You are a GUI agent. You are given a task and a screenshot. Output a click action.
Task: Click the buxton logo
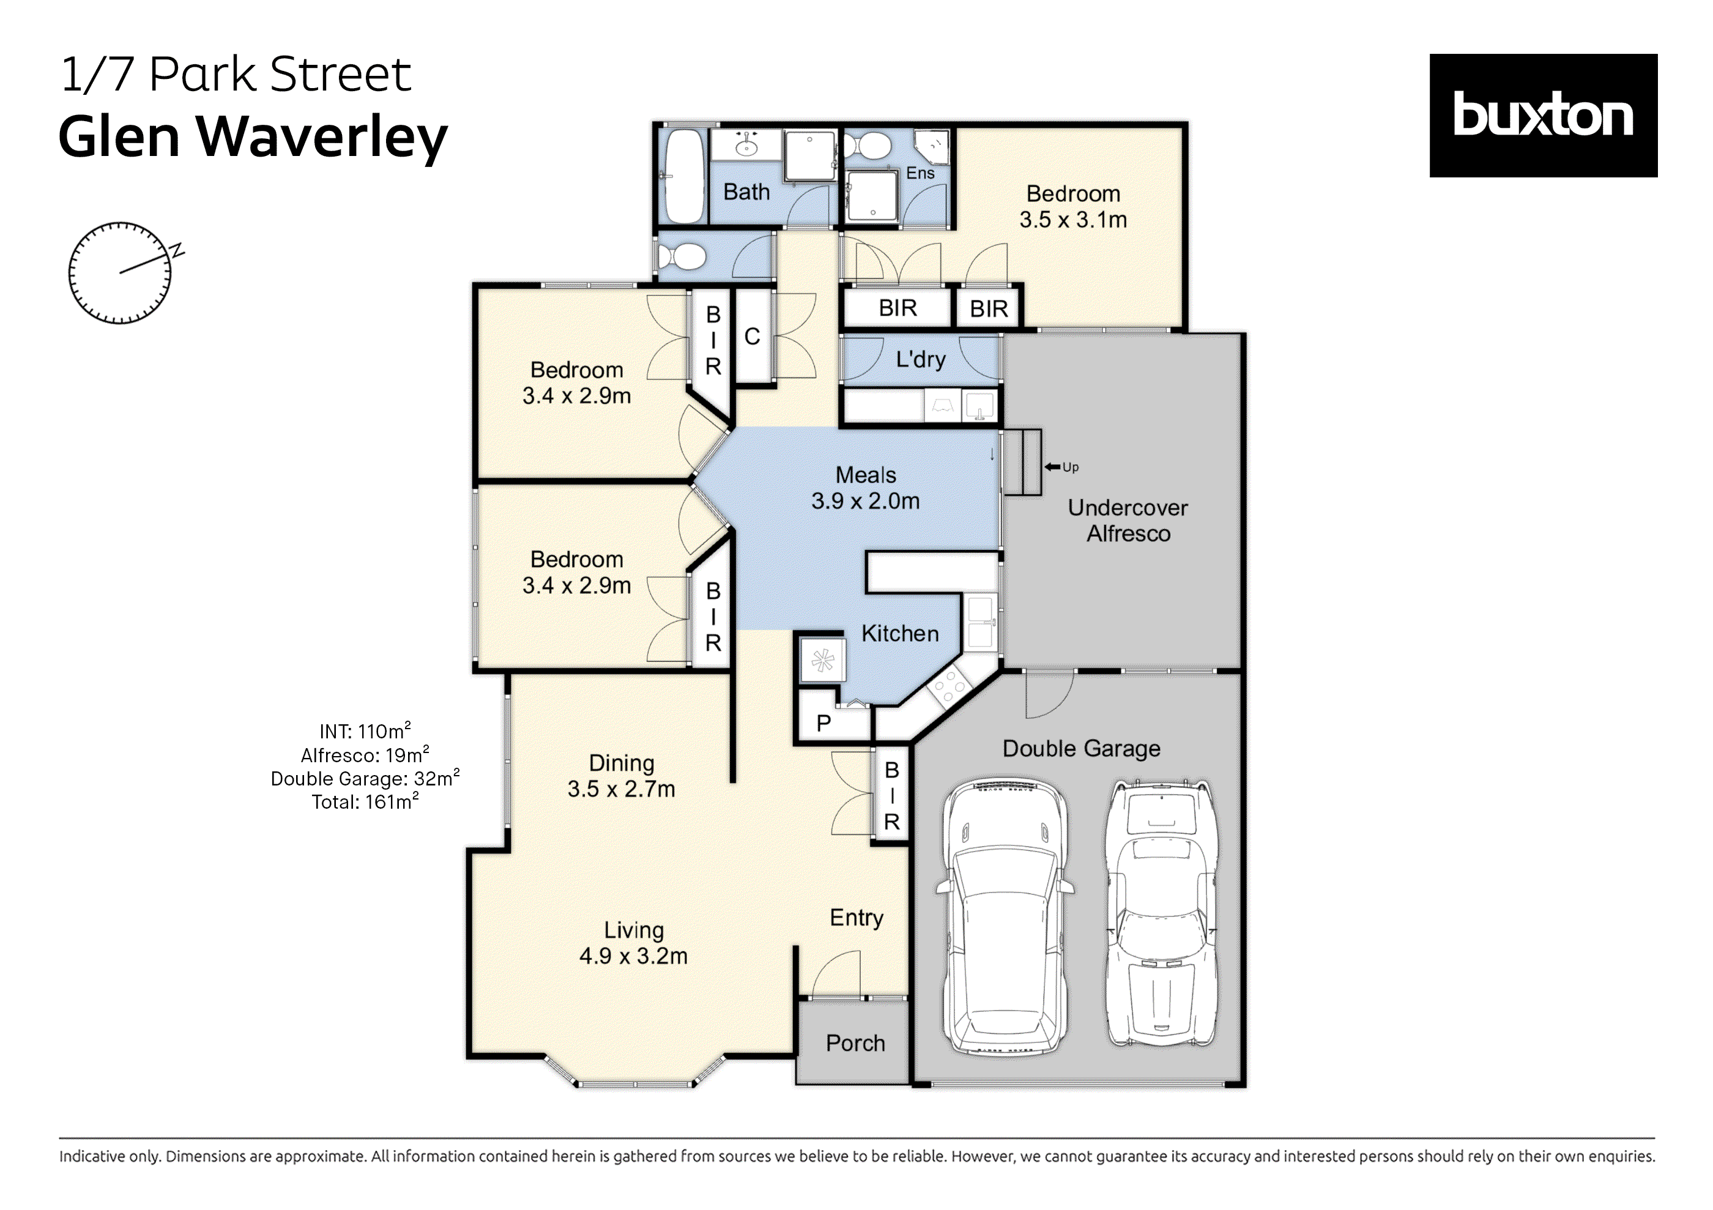[x=1542, y=115]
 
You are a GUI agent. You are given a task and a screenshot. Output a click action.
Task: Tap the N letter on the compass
[x=177, y=250]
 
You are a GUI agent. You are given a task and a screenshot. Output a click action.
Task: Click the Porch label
[x=855, y=1042]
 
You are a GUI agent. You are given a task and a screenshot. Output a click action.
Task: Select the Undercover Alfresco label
[x=1128, y=520]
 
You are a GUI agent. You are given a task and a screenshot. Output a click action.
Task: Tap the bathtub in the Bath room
[x=683, y=176]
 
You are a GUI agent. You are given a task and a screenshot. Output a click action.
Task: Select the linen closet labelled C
[x=752, y=336]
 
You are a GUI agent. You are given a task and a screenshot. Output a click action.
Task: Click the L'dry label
[x=921, y=360]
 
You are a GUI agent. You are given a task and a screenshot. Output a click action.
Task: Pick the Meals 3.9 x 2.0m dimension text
[x=866, y=500]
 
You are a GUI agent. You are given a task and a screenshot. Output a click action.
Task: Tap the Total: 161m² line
[x=365, y=802]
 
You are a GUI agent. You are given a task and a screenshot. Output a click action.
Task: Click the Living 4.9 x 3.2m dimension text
[x=633, y=956]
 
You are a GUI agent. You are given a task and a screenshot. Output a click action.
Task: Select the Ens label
[x=920, y=173]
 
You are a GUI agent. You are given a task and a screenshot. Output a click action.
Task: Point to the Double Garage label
[x=1081, y=748]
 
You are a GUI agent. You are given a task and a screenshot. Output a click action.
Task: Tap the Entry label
[x=856, y=917]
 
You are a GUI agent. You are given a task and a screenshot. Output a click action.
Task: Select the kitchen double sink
[x=979, y=622]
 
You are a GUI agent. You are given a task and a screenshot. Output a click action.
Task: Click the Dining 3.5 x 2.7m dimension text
[x=621, y=789]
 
